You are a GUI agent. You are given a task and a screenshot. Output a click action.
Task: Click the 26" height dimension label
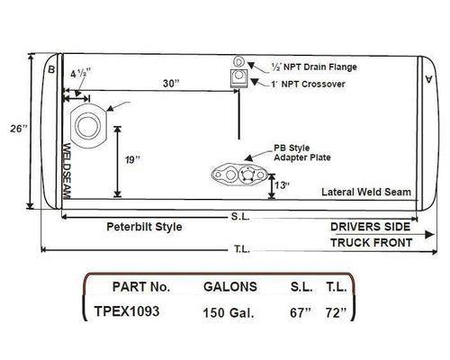pos(19,129)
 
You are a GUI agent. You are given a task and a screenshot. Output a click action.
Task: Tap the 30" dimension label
pos(171,83)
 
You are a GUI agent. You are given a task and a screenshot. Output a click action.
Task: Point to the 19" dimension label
pos(132,160)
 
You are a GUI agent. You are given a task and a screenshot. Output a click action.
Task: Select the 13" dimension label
pos(282,185)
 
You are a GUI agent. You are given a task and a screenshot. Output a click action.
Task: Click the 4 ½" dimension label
pos(80,73)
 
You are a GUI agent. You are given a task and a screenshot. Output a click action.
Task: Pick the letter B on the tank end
pos(51,69)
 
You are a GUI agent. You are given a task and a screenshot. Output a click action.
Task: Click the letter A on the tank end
pos(429,79)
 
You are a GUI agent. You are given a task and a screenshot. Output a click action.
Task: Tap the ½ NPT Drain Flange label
pos(314,67)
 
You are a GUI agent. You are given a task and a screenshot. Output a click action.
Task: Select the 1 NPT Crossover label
pos(308,84)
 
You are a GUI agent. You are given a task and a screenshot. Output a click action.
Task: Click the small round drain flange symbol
pos(238,61)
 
